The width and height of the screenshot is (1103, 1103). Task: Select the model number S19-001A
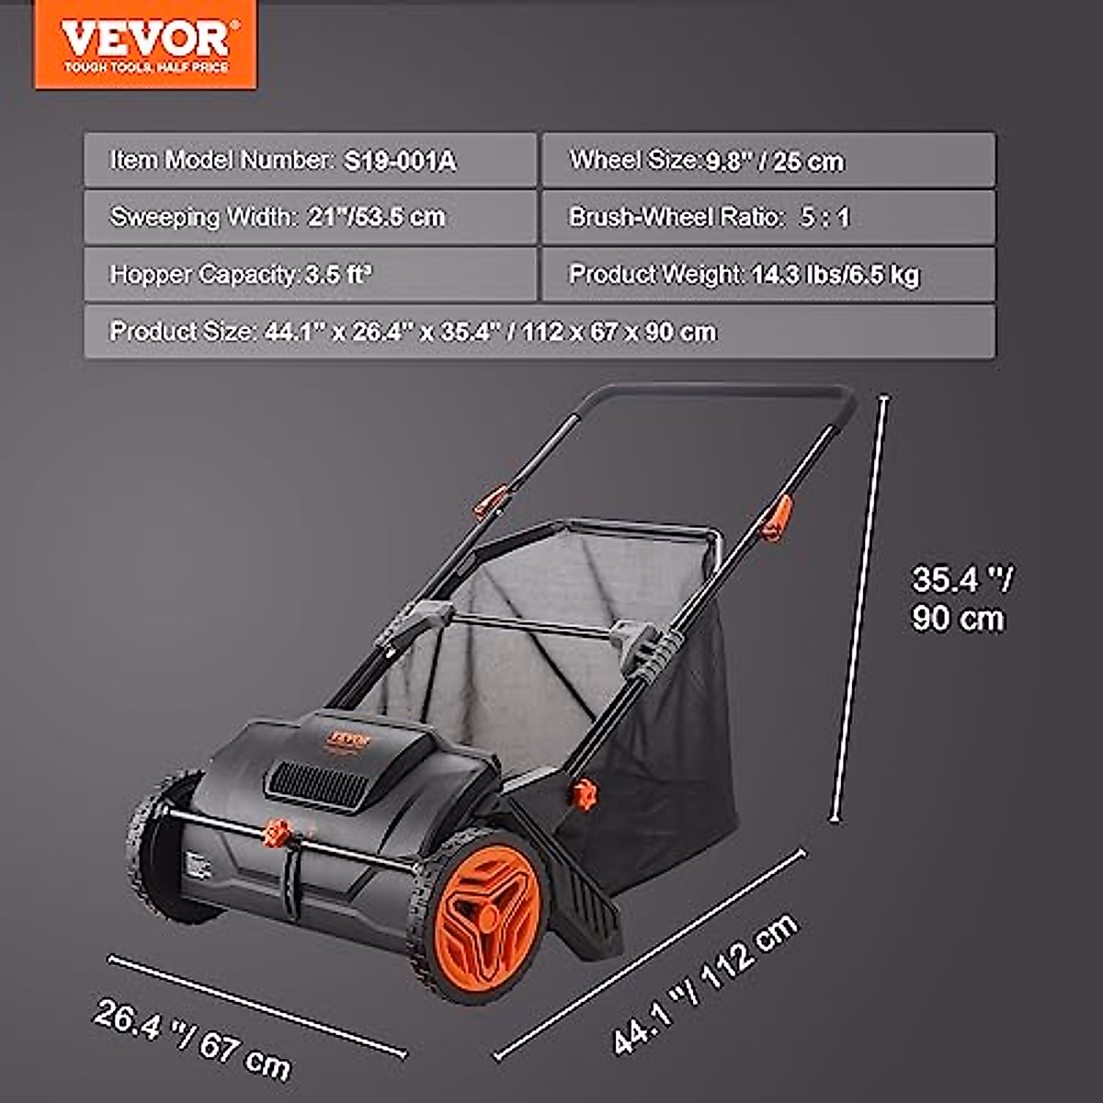(x=400, y=161)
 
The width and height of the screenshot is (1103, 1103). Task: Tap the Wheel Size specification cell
(x=768, y=161)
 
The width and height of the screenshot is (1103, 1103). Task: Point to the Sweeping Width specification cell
(x=310, y=217)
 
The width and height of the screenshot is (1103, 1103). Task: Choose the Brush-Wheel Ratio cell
(x=768, y=217)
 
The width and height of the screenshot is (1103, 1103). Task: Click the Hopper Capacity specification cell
(x=310, y=274)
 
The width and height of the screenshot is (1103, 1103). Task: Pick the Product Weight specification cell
(x=768, y=274)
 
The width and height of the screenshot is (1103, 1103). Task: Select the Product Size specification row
(x=539, y=331)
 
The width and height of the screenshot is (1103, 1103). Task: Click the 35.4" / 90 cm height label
(x=960, y=598)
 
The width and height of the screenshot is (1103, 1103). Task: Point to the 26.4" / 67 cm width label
(x=192, y=1039)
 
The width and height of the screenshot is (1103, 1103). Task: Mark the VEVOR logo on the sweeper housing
(x=350, y=738)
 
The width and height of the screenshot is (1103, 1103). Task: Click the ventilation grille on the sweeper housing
(x=318, y=787)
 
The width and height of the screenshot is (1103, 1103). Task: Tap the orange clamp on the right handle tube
(x=777, y=517)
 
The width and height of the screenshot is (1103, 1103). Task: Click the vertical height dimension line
(x=860, y=607)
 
